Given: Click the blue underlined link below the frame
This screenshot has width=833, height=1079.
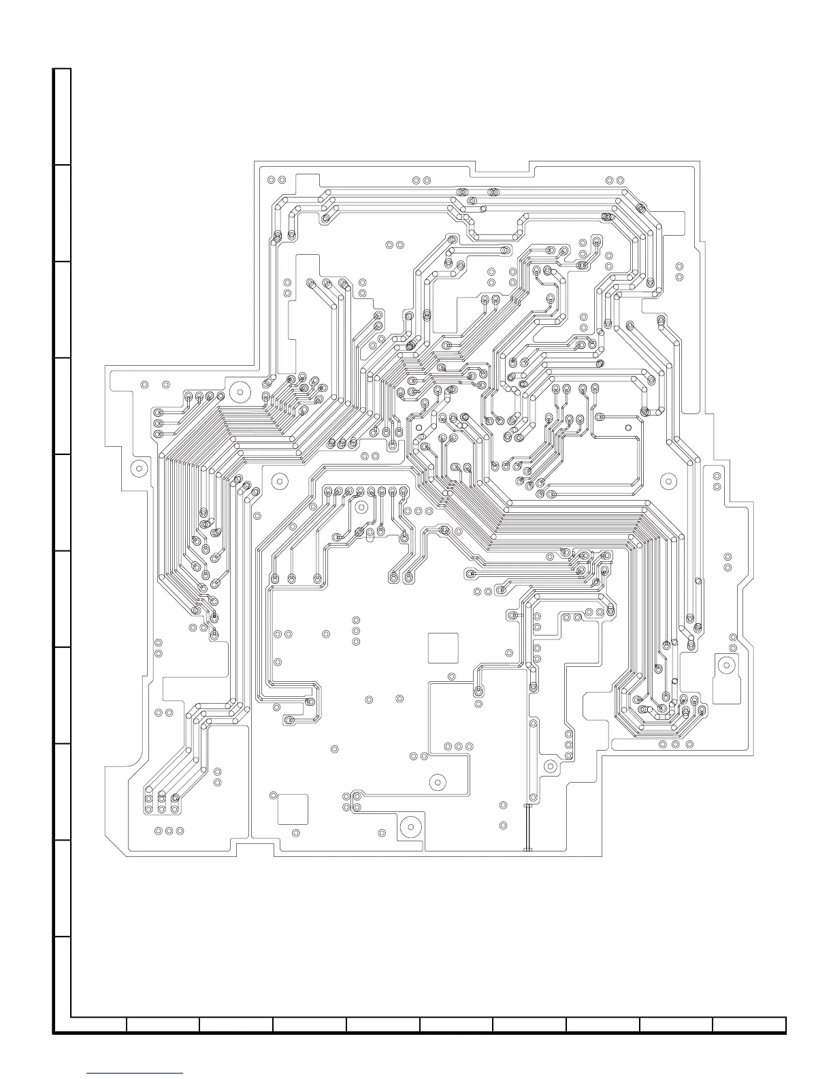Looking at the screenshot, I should click(135, 1073).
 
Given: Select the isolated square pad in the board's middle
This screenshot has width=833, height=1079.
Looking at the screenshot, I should click(443, 647).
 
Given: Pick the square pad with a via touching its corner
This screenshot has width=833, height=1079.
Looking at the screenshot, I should click(293, 809).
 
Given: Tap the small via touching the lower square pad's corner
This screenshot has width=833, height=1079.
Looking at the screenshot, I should click(274, 796).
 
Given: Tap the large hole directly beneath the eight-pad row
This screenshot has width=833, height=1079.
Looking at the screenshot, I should click(361, 507).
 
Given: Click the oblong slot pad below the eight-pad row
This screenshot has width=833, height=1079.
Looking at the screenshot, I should click(369, 535).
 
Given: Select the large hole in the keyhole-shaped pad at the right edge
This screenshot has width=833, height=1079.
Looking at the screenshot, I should click(727, 666).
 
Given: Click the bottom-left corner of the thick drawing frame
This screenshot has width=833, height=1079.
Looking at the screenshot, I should click(55, 1033).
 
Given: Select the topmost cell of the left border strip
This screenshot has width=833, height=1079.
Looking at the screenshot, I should click(63, 116).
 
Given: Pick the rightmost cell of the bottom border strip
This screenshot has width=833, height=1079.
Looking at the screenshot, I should click(749, 1025).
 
